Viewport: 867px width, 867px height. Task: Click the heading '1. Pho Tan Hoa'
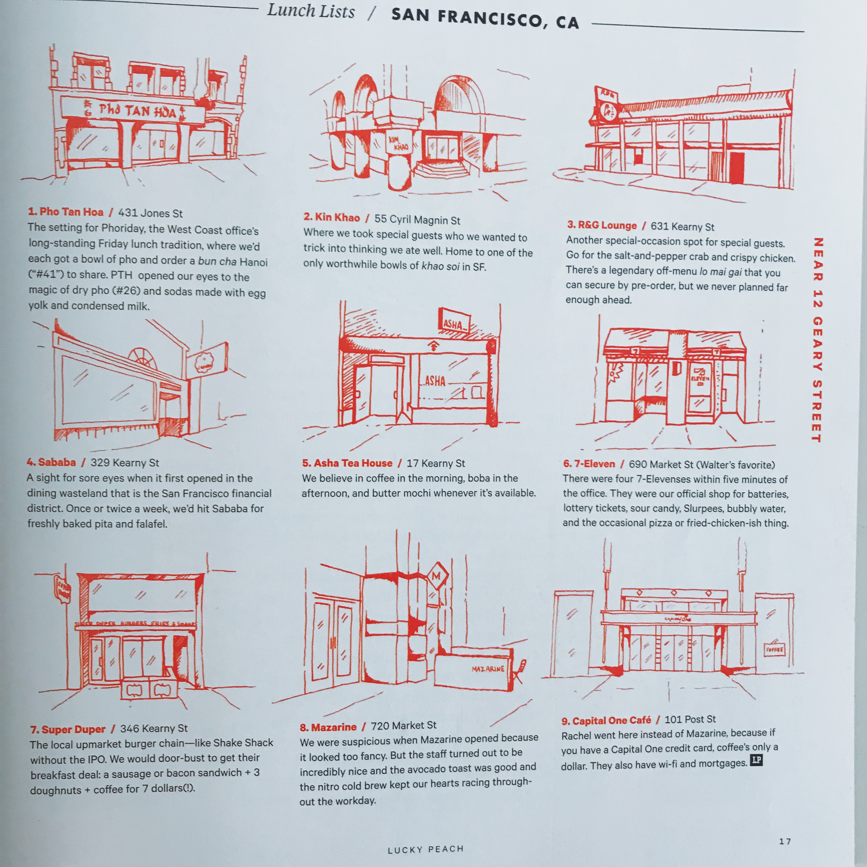66,212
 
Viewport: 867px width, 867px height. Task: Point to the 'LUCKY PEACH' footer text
425,849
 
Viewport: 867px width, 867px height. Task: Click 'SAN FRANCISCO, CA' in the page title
485,19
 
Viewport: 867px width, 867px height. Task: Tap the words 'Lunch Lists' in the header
311,11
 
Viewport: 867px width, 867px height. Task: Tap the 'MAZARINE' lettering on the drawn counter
487,669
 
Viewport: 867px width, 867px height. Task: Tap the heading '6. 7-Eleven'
589,464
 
